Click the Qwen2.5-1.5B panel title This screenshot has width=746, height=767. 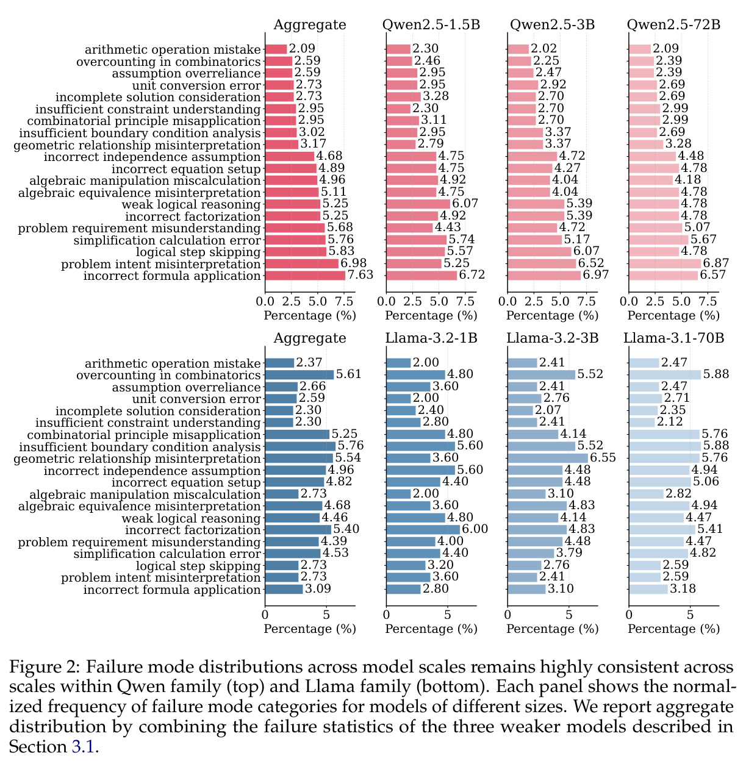431,25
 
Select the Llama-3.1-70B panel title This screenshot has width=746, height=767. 673,338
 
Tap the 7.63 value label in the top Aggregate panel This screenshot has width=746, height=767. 360,274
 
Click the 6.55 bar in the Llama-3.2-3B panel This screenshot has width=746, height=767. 548,458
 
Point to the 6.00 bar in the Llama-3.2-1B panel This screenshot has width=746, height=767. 423,529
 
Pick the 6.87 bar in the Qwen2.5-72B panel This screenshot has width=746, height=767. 665,263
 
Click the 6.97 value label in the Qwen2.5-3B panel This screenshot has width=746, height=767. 596,274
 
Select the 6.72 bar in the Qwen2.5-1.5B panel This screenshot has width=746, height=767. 421,275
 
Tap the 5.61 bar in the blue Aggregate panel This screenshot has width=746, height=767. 299,374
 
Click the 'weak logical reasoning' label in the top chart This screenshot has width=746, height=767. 192,205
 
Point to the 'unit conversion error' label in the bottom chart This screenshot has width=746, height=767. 196,399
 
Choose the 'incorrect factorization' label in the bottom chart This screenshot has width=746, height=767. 193,530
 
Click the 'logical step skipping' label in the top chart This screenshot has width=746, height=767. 198,252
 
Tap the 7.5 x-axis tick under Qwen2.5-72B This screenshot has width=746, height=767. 708,302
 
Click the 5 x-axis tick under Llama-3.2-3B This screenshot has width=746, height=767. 568,615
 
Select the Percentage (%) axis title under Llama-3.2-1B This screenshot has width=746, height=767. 431,629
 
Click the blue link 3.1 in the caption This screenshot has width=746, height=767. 83,747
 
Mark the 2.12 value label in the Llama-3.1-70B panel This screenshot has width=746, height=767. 670,422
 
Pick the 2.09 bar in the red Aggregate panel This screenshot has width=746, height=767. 276,49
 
